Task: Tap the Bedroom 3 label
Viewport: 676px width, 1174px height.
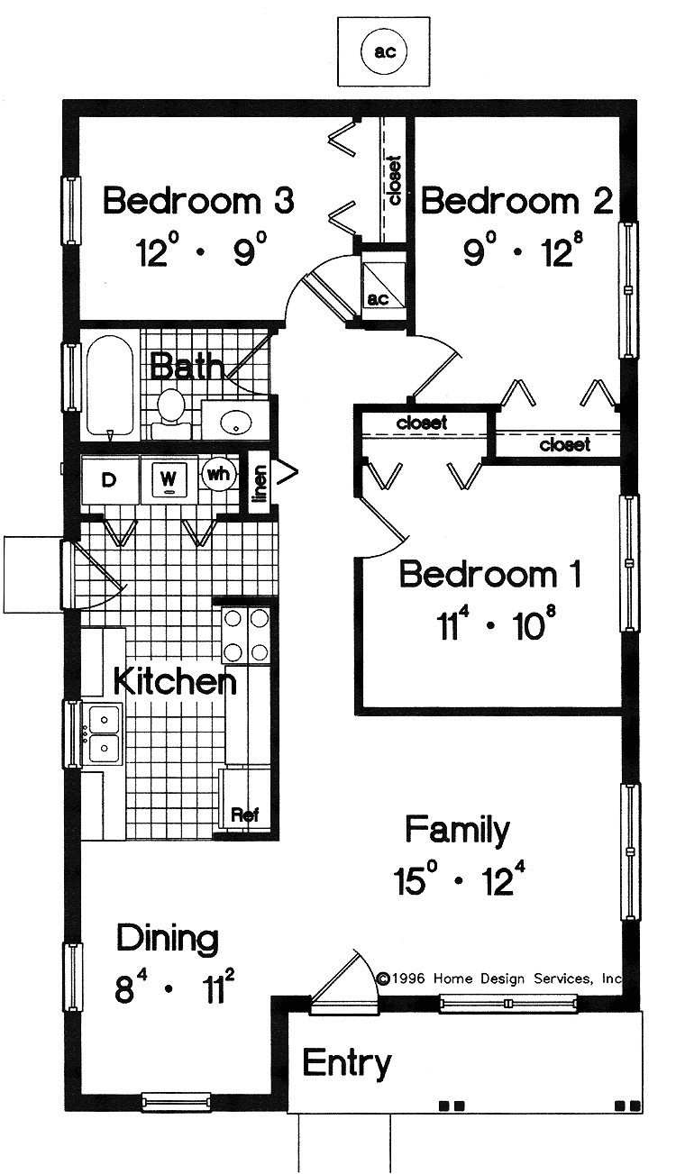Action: [x=198, y=201]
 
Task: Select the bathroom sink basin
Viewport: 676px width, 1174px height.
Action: [x=237, y=421]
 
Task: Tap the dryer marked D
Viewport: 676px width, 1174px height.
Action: [x=109, y=480]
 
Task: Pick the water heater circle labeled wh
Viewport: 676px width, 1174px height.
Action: [x=217, y=472]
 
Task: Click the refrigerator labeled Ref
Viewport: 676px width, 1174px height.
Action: [x=245, y=813]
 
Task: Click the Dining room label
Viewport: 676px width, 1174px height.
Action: [x=168, y=940]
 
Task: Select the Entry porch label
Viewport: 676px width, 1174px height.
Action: [x=346, y=1063]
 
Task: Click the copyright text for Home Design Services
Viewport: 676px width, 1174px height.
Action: [x=499, y=978]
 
